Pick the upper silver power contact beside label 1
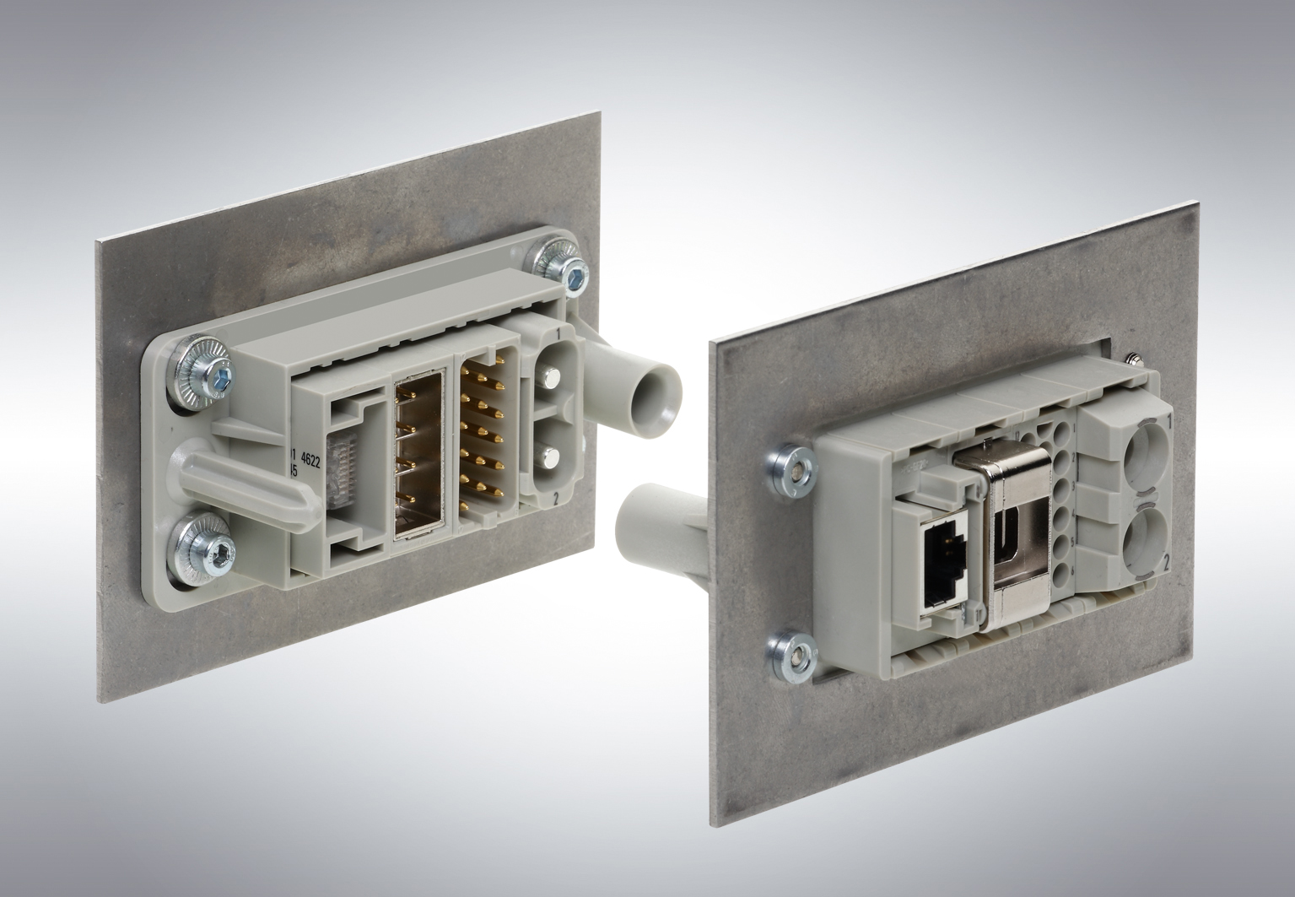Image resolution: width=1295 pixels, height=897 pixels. tap(553, 381)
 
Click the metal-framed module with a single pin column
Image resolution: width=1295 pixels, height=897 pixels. tap(421, 457)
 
